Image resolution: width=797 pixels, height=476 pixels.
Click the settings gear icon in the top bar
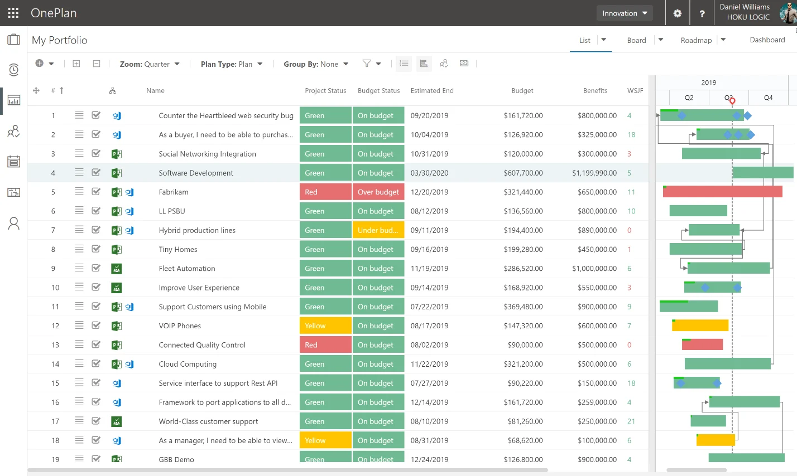678,13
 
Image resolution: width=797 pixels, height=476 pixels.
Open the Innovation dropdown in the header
625,13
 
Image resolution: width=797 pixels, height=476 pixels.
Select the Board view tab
636,40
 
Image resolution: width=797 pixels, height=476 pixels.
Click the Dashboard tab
767,40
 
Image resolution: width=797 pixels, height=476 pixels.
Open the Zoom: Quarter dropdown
150,64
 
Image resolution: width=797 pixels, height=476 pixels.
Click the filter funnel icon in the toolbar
367,63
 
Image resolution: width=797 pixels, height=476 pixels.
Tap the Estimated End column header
432,91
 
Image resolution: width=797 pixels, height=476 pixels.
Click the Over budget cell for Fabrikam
378,192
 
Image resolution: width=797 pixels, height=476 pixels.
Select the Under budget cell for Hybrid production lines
378,230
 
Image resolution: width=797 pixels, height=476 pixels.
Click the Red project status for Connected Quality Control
325,345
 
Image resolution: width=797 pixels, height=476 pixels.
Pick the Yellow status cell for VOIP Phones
325,326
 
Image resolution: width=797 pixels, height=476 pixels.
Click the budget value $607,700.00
523,173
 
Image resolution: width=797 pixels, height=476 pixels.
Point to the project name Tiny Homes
178,249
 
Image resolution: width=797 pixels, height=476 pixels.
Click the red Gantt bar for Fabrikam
722,192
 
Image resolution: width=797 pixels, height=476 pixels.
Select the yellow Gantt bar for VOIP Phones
700,325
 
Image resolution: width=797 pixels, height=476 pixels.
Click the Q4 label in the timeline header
768,98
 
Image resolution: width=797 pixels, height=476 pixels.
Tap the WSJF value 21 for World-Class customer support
631,421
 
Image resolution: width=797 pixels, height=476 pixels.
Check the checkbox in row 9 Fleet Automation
96,268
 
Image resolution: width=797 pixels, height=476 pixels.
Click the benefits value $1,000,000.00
594,269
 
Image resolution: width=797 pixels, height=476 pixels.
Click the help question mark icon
702,13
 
